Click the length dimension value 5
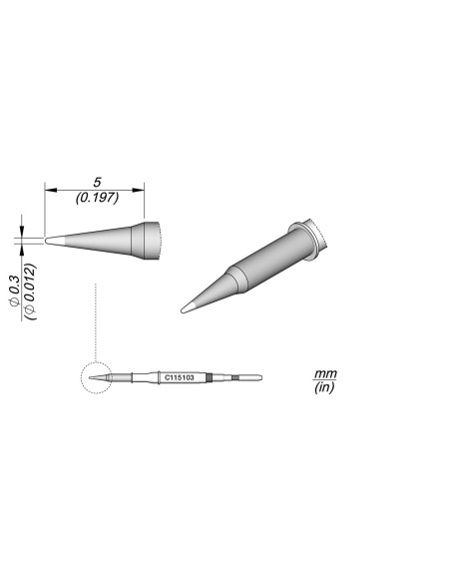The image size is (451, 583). [x=96, y=182]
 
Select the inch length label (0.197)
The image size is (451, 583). [x=96, y=198]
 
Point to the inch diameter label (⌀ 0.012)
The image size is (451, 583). [x=30, y=291]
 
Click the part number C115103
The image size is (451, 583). [x=180, y=378]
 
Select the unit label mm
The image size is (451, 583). [x=325, y=372]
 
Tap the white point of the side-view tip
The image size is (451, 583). [x=54, y=241]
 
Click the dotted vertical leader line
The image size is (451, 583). [x=93, y=319]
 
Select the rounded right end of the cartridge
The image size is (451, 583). [x=258, y=378]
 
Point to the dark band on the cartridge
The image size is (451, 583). [x=211, y=378]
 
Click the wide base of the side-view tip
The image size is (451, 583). [x=149, y=240]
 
